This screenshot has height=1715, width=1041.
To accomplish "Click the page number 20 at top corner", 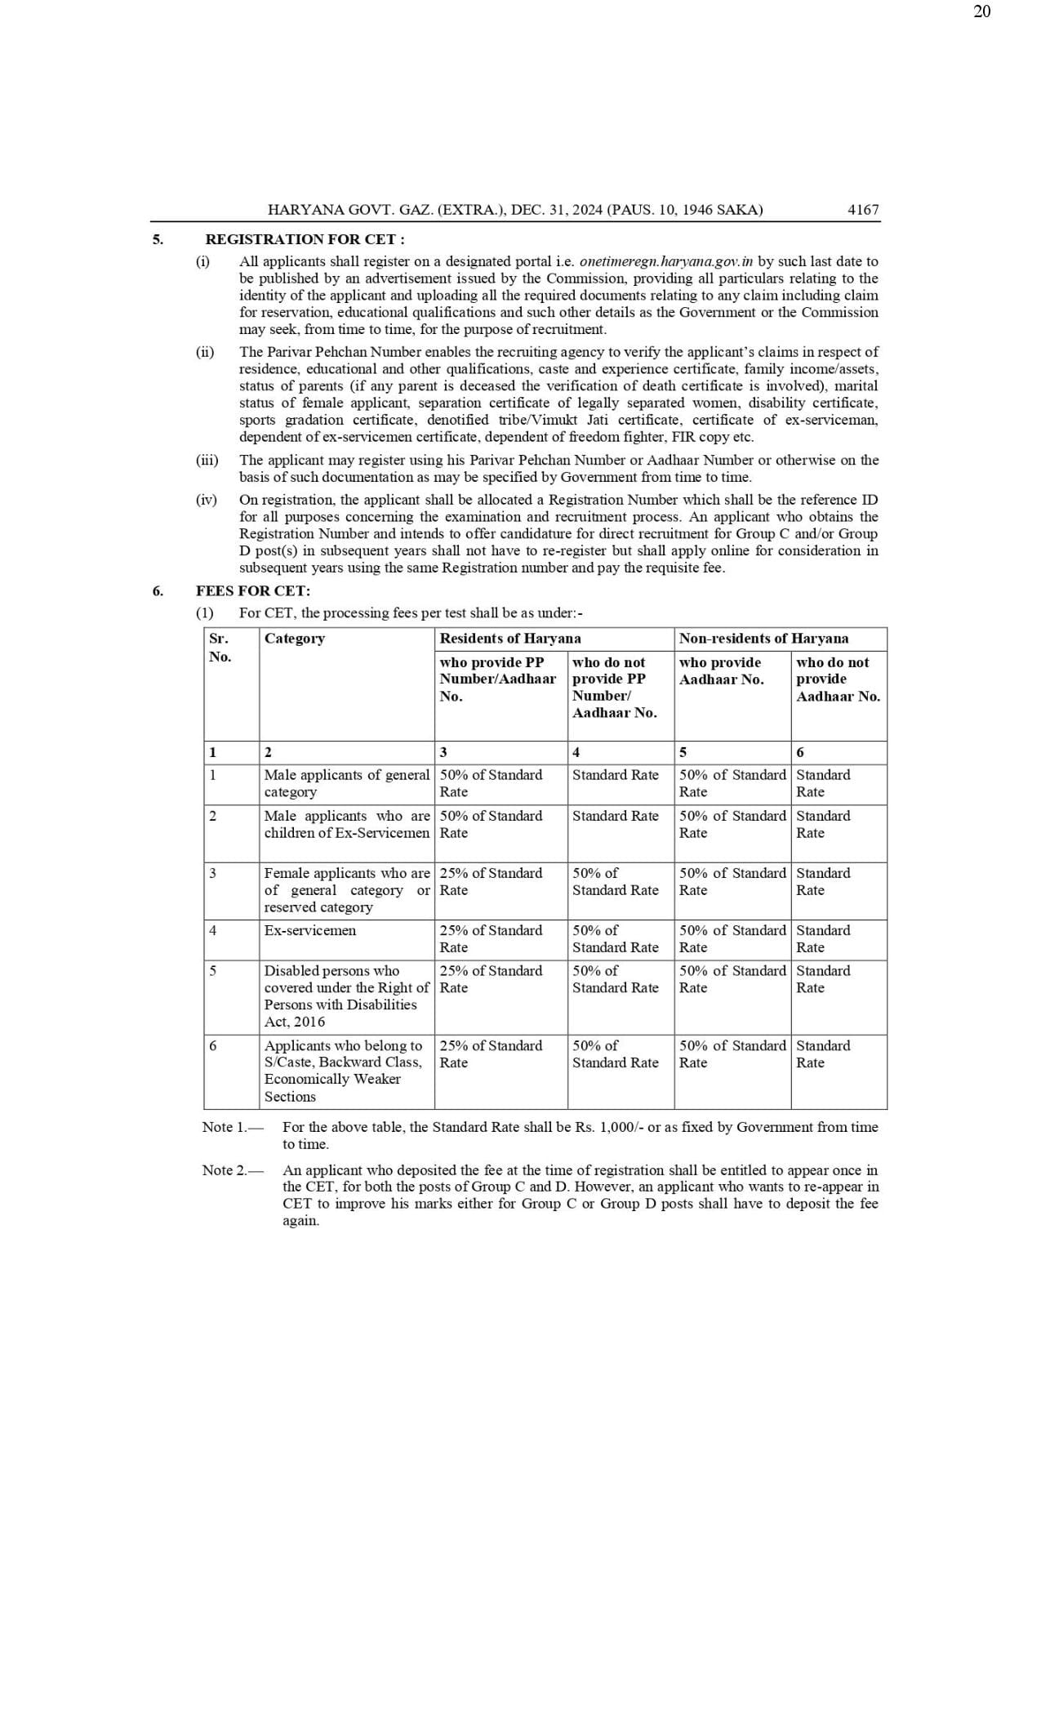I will [981, 11].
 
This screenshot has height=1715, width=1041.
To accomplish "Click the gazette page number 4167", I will [863, 210].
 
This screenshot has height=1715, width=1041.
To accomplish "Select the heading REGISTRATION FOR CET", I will [305, 239].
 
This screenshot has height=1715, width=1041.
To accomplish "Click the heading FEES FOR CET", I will [253, 590].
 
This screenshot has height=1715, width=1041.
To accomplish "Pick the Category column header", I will [295, 639].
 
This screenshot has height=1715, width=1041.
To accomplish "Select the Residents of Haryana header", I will [510, 639].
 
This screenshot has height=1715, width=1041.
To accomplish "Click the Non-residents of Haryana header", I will [763, 639].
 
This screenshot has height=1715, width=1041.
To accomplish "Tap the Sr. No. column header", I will [219, 647].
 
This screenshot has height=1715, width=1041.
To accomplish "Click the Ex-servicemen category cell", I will [310, 930].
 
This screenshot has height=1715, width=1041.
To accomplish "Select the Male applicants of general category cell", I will [346, 783].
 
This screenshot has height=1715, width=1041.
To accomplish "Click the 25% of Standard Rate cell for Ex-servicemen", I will [491, 938].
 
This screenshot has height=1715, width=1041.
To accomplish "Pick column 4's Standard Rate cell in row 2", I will [615, 816].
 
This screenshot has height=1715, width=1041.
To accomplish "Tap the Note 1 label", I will [232, 1127].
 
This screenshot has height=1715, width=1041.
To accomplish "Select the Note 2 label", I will [232, 1170].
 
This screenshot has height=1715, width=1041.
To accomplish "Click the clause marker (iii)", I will [207, 460].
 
